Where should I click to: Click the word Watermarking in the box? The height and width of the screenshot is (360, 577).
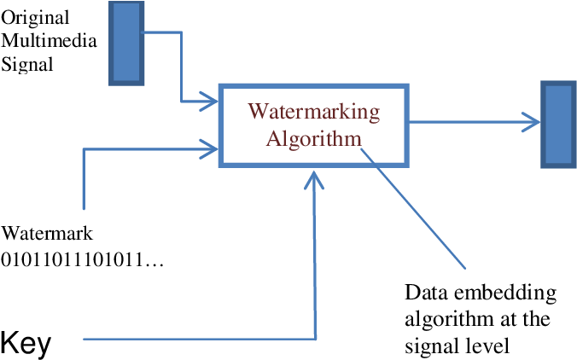click(x=313, y=112)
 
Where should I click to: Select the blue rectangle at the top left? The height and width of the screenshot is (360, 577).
click(x=127, y=43)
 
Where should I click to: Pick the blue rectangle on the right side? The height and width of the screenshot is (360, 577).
click(x=558, y=124)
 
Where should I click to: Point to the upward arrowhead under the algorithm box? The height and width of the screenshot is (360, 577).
click(x=316, y=179)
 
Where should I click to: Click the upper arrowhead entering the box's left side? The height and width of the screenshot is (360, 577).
click(x=211, y=102)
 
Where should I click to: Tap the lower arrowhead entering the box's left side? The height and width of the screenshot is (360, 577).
click(x=211, y=148)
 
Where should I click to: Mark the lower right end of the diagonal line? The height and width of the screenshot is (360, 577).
click(x=465, y=269)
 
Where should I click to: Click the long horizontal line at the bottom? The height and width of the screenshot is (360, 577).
click(x=196, y=339)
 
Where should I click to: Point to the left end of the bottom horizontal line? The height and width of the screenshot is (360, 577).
click(x=84, y=339)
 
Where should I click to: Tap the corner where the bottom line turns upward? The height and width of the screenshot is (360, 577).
click(x=316, y=339)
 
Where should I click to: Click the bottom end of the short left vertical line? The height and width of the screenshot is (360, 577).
click(x=84, y=208)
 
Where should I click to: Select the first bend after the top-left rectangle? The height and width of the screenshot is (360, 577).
click(x=182, y=33)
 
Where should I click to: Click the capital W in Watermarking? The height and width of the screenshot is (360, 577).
click(x=255, y=112)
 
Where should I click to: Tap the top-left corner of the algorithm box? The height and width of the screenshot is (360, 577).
click(x=221, y=85)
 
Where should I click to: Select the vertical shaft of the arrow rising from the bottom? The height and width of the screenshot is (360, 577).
click(x=316, y=256)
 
